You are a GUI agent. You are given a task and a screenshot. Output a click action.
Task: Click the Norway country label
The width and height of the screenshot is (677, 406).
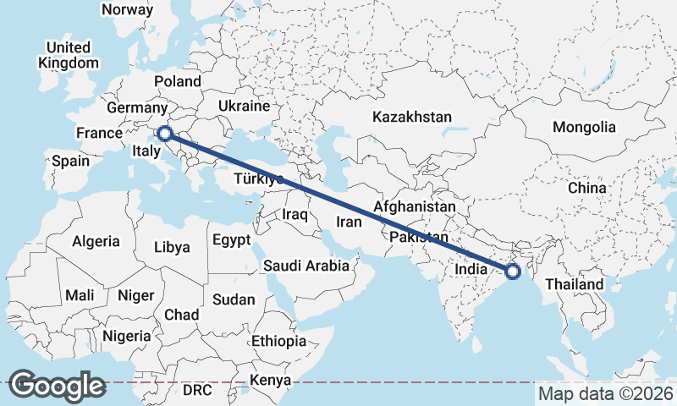[127, 10]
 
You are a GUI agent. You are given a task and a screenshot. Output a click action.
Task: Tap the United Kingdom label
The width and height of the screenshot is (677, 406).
[69, 55]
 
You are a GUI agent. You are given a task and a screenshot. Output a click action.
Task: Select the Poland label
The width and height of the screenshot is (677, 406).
[178, 81]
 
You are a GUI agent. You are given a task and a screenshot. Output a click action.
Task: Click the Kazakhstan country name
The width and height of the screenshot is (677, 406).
[412, 117]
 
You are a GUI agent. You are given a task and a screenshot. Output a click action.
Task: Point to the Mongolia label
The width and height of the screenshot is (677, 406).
[584, 128]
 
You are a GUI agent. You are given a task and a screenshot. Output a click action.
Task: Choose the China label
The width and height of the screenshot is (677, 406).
[587, 187]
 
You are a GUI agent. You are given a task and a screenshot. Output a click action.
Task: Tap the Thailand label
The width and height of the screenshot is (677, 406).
[575, 284]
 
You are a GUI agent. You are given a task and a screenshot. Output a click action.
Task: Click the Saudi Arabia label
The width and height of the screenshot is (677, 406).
[305, 266]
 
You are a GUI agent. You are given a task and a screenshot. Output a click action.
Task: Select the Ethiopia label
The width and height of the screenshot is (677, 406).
[278, 342]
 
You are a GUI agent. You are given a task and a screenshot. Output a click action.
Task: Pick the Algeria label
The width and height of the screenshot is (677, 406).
[96, 241]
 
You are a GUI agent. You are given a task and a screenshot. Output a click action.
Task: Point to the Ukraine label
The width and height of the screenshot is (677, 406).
[244, 107]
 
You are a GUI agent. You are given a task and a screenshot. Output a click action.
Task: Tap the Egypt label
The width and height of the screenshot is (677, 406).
[231, 240]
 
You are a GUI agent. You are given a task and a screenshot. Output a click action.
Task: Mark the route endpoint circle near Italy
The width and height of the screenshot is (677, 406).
[165, 133]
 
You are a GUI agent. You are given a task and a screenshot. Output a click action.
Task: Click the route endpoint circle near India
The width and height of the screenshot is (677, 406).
[512, 272]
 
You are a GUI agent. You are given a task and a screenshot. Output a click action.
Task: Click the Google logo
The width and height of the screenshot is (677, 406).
[57, 386]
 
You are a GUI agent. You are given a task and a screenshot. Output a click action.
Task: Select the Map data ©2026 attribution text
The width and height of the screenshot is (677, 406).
[606, 393]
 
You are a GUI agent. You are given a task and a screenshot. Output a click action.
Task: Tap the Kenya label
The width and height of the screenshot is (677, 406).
[272, 380]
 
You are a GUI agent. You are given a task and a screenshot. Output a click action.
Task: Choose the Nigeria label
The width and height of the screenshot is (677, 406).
[126, 336]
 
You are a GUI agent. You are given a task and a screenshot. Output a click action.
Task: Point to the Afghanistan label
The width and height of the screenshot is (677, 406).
[415, 206]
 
